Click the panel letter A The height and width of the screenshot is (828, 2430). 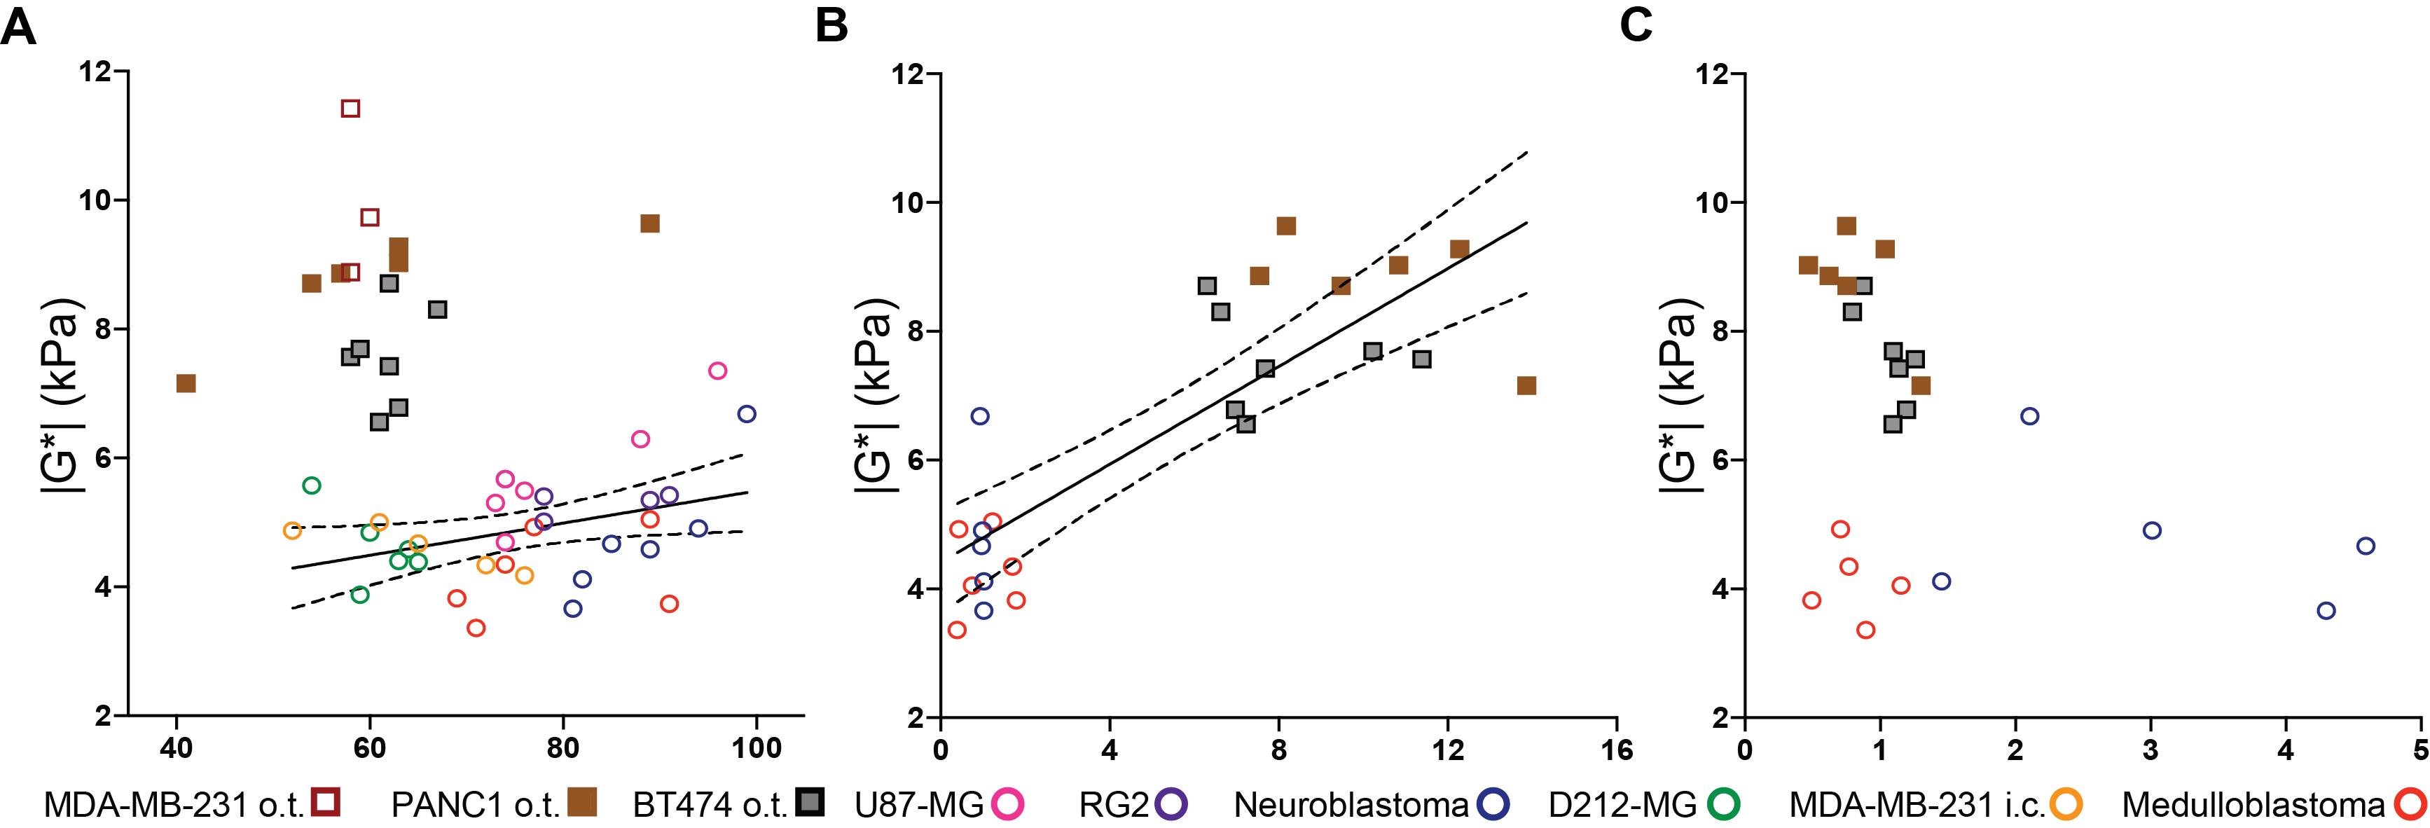19,27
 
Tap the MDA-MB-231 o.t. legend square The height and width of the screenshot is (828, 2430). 326,803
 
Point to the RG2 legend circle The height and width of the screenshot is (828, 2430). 1172,804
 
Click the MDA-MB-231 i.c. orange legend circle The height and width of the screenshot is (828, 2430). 2066,804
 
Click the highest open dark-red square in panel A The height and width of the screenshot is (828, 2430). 350,109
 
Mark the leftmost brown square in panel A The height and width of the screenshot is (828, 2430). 186,383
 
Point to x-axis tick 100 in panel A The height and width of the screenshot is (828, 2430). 757,749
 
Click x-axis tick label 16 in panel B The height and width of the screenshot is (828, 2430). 1617,751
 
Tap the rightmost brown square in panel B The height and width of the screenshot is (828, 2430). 1526,386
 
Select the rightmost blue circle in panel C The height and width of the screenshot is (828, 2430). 2365,546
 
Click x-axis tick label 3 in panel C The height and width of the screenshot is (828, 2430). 2151,751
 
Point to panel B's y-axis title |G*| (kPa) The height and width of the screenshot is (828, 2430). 874,396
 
